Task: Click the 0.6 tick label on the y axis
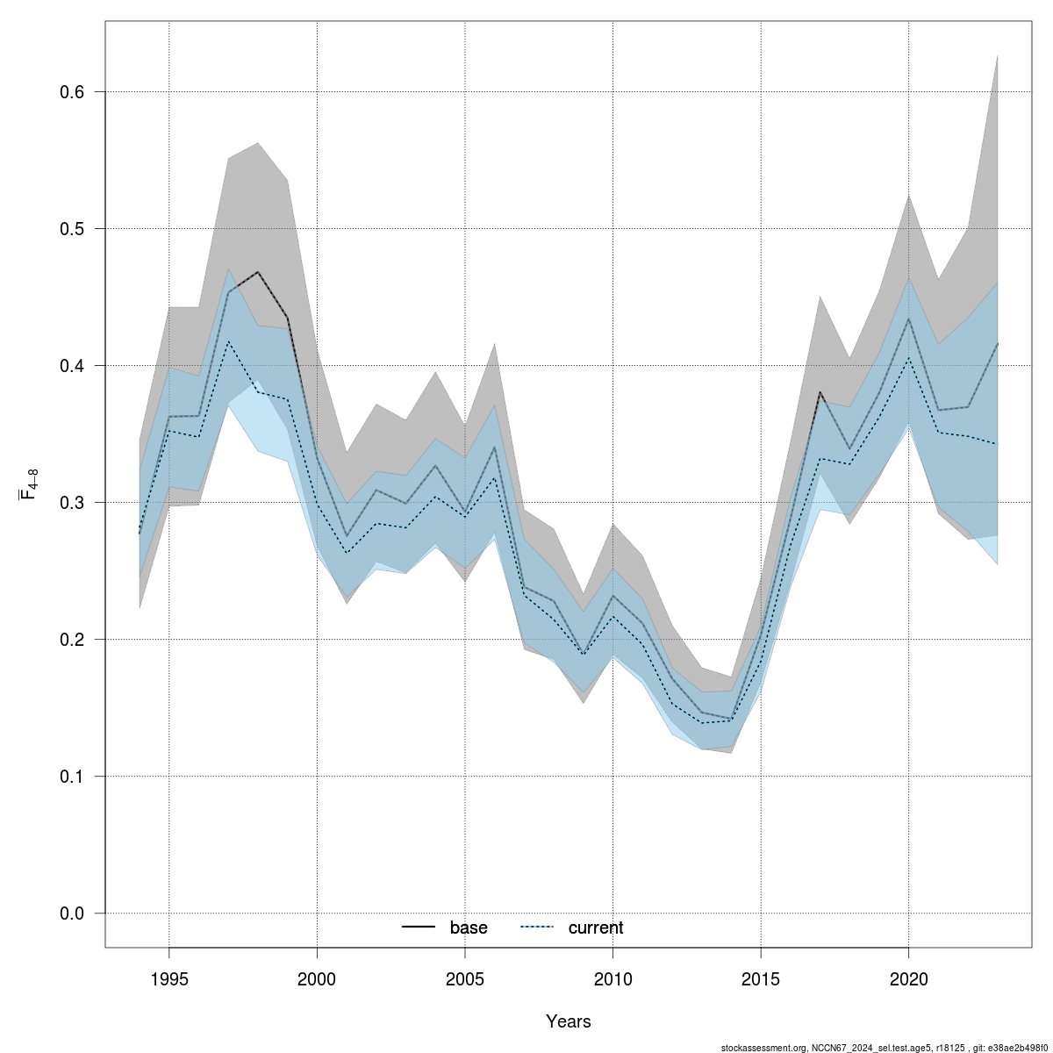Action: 70,92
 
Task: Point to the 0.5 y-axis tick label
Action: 70,229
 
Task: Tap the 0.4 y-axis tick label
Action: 70,366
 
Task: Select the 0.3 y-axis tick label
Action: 70,503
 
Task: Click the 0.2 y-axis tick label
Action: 70,640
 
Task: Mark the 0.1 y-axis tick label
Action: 70,777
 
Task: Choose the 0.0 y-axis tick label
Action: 70,913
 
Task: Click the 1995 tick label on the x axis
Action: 169,978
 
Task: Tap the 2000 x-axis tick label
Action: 317,978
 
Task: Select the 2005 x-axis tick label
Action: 464,978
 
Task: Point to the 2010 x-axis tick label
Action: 612,978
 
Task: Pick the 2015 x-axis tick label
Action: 760,978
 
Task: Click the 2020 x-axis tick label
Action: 908,978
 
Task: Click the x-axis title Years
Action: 568,1021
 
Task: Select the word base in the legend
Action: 469,928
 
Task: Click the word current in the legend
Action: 596,928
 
